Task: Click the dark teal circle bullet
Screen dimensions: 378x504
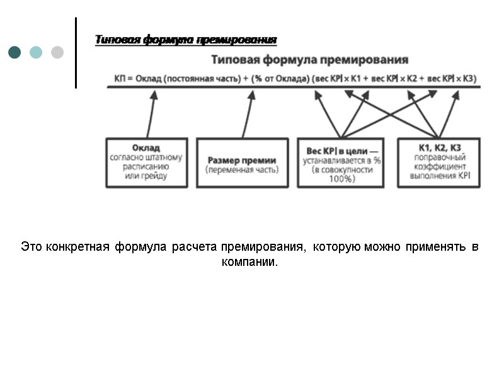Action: click(14, 52)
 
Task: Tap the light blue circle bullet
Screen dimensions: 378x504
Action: click(36, 52)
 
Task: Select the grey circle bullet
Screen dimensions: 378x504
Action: click(57, 52)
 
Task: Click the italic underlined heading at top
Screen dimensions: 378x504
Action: click(186, 40)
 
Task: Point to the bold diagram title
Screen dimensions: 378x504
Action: click(309, 60)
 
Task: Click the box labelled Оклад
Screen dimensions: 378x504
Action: click(146, 163)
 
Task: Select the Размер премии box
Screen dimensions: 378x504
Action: click(242, 163)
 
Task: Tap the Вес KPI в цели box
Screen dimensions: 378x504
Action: click(340, 163)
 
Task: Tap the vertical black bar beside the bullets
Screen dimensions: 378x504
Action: click(76, 52)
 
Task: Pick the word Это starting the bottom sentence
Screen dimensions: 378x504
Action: click(31, 247)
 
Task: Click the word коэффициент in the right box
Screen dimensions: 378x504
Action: click(440, 166)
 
